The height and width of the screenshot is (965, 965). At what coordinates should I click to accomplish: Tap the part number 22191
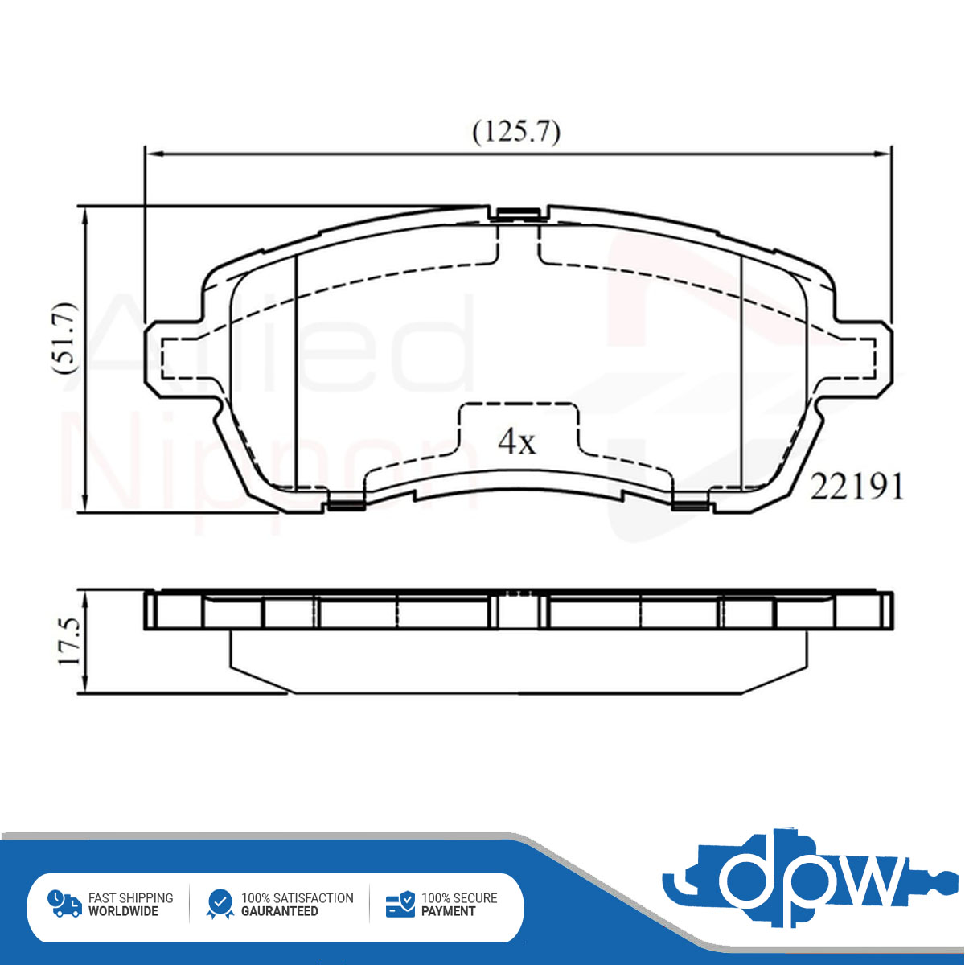pyautogui.click(x=856, y=487)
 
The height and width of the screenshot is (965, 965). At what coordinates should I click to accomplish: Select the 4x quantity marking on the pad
pyautogui.click(x=516, y=441)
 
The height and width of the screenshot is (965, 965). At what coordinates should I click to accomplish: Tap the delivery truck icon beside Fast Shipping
pyautogui.click(x=64, y=903)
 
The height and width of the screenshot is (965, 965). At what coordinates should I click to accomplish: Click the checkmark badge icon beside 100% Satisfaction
pyautogui.click(x=220, y=904)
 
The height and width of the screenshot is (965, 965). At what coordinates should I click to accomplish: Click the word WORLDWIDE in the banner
pyautogui.click(x=123, y=911)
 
